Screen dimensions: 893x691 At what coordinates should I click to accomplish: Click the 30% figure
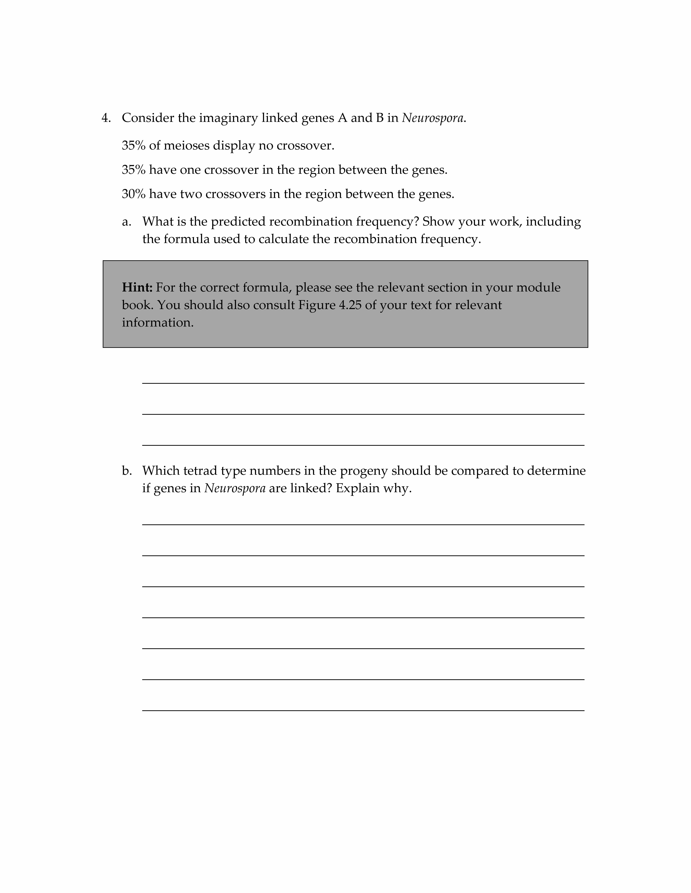coord(133,194)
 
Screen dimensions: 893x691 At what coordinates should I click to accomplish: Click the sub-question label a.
coord(126,222)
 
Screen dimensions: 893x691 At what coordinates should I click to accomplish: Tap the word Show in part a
coord(438,222)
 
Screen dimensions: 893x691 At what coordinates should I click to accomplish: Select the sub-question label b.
coord(127,471)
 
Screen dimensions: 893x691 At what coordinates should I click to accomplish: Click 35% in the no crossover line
coord(133,146)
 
